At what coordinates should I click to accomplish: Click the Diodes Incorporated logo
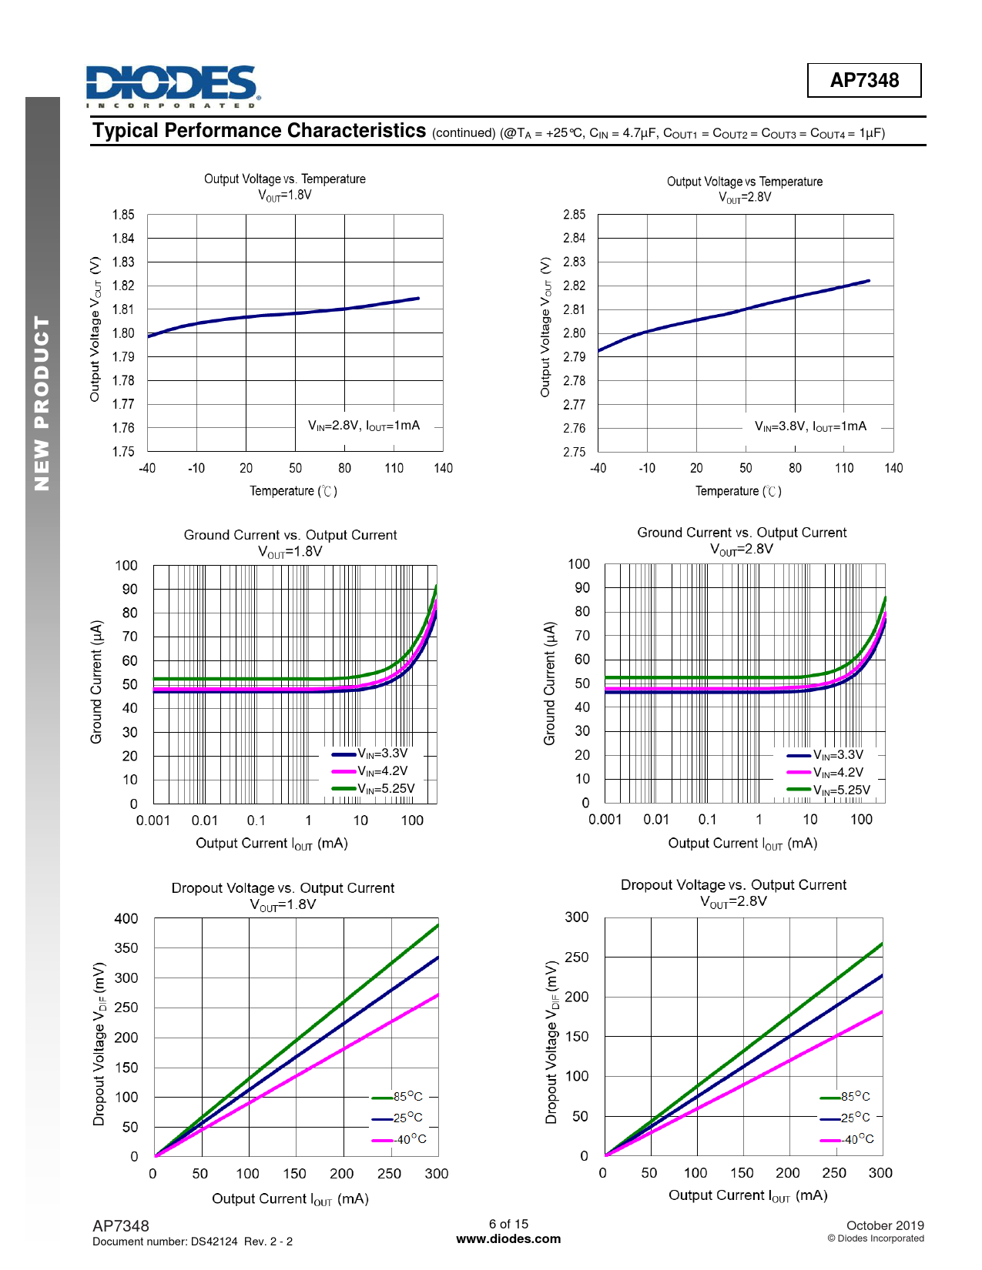[173, 86]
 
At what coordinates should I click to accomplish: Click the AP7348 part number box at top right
[863, 80]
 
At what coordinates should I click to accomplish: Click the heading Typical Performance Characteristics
[259, 131]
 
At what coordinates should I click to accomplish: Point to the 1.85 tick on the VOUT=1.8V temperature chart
[123, 215]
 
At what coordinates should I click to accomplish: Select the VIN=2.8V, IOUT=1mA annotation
[364, 426]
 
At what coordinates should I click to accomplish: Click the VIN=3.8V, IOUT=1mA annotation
[810, 426]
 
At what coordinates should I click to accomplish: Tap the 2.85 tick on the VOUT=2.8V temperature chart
[574, 215]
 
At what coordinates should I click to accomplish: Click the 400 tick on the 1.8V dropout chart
[126, 918]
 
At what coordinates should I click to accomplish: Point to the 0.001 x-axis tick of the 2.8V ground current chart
[605, 820]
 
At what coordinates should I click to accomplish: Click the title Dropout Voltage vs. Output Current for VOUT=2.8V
[733, 885]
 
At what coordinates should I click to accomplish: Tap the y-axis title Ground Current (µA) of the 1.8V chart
[96, 682]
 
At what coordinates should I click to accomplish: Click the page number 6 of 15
[508, 1224]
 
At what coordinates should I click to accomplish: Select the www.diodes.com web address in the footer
[508, 1238]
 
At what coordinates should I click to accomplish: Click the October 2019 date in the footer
[884, 1225]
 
